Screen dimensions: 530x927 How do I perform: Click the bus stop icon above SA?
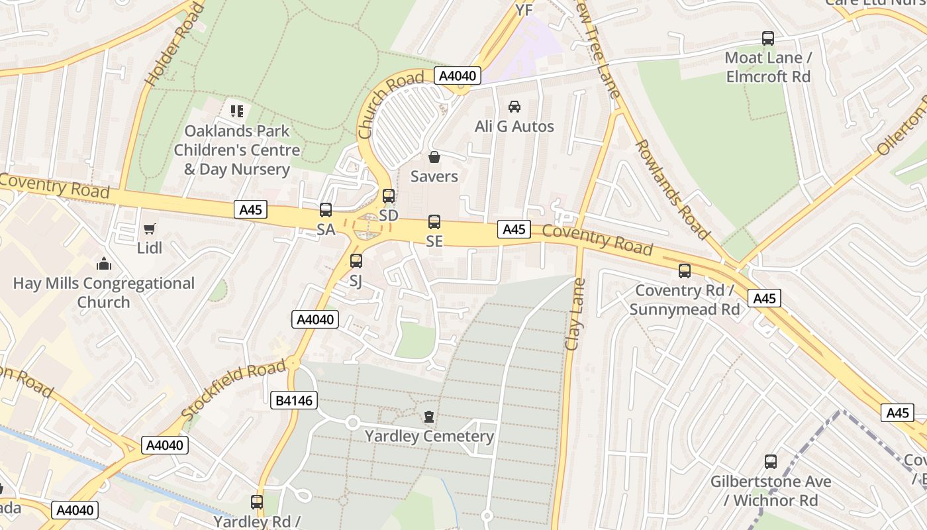[326, 210]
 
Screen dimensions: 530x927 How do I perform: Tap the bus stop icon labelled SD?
[389, 196]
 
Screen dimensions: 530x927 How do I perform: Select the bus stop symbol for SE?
[434, 222]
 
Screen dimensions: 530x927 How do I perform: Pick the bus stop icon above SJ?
[356, 260]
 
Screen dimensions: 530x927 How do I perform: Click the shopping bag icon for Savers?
[434, 157]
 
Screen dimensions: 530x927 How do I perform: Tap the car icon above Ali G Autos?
[514, 106]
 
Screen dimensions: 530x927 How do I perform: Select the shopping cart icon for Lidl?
[150, 229]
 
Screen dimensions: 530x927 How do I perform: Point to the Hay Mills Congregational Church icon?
[103, 264]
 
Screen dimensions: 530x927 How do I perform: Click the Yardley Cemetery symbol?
[429, 417]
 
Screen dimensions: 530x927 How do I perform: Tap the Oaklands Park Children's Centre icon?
[237, 111]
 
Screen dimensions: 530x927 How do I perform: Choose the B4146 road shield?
[295, 400]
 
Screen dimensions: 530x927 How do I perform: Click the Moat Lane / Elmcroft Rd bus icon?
[768, 38]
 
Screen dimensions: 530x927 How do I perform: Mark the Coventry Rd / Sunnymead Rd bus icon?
[684, 271]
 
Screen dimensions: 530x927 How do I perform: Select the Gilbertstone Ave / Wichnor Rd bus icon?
[771, 462]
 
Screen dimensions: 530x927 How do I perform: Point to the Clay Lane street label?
[575, 315]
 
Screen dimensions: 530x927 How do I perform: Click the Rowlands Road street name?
[672, 189]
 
